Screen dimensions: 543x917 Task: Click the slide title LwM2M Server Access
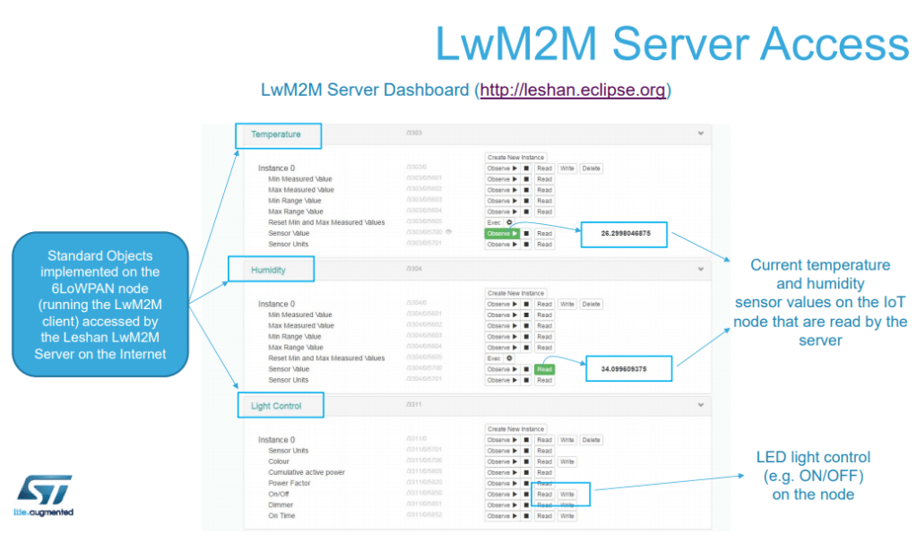click(671, 44)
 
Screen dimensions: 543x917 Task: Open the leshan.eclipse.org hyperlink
click(575, 90)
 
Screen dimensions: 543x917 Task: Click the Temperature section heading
click(276, 134)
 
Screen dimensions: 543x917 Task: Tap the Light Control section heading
click(276, 406)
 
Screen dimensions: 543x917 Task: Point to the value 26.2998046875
click(625, 233)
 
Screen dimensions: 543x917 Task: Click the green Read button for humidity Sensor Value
click(544, 369)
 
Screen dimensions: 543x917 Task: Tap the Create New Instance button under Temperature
click(515, 158)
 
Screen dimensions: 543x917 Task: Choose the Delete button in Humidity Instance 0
click(591, 305)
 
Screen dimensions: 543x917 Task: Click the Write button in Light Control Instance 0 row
click(567, 440)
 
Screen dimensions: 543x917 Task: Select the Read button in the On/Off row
click(544, 495)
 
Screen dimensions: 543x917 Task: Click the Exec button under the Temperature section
click(494, 222)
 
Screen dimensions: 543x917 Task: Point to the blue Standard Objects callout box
click(100, 297)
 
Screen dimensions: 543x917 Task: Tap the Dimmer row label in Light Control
click(282, 505)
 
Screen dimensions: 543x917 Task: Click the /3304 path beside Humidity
click(414, 268)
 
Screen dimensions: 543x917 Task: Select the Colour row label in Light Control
click(281, 461)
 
